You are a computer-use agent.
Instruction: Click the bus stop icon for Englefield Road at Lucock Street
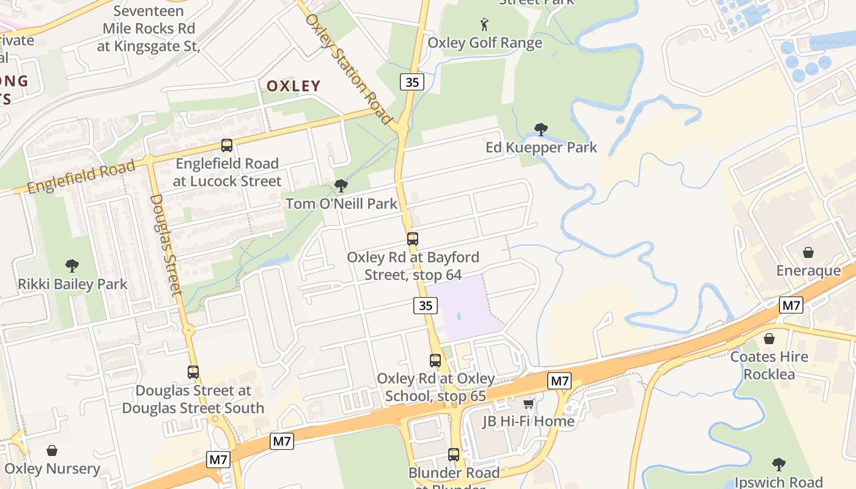(227, 145)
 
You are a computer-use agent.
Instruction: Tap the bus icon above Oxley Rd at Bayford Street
(413, 239)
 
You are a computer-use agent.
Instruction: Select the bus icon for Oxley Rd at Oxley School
(435, 361)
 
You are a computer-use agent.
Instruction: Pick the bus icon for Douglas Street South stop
(193, 372)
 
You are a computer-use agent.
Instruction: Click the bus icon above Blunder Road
(454, 455)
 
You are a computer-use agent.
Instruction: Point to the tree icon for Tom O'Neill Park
(341, 185)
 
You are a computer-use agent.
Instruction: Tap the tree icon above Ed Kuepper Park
(541, 129)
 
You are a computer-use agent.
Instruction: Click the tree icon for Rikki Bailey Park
(72, 266)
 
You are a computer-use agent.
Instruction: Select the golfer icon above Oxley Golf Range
(484, 24)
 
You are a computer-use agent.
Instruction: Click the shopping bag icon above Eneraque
(808, 252)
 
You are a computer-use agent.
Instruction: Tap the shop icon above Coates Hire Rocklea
(769, 338)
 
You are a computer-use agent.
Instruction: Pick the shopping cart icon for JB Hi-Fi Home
(528, 403)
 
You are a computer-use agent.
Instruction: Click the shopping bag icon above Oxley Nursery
(52, 450)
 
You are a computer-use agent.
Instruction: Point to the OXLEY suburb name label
(293, 86)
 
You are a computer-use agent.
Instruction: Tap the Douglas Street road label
(166, 244)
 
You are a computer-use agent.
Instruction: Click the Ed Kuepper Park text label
(541, 147)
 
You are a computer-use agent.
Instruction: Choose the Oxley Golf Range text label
(485, 43)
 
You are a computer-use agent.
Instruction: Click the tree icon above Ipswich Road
(778, 464)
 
